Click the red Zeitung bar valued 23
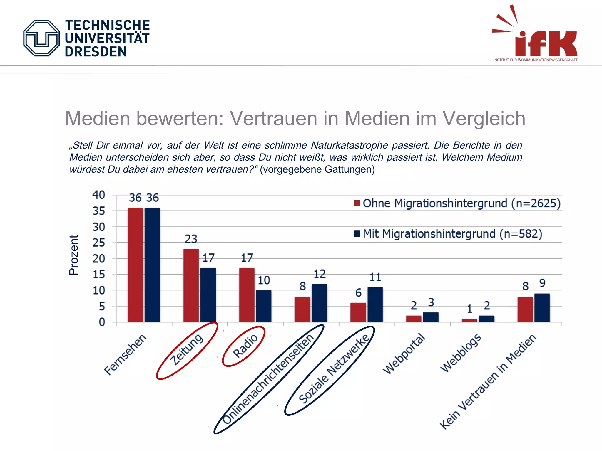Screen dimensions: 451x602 pos(191,285)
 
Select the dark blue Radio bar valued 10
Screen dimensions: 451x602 pos(264,306)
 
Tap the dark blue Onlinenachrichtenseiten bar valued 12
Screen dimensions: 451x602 pos(319,303)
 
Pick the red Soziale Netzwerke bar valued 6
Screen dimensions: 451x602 pos(358,312)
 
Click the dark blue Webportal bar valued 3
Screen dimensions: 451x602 pos(431,317)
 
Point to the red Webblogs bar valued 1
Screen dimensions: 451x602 pos(469,320)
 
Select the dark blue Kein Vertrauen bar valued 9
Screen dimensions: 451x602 pos(542,308)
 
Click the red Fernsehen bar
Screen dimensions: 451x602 pos(135,265)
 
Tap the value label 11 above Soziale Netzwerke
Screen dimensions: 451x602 pos(375,277)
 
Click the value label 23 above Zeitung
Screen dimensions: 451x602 pos(191,239)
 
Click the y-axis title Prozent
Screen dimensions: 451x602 pos(73,255)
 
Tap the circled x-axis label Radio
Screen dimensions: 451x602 pos(245,346)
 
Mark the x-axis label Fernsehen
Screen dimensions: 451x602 pos(125,354)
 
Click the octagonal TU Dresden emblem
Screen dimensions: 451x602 pos(41,38)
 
